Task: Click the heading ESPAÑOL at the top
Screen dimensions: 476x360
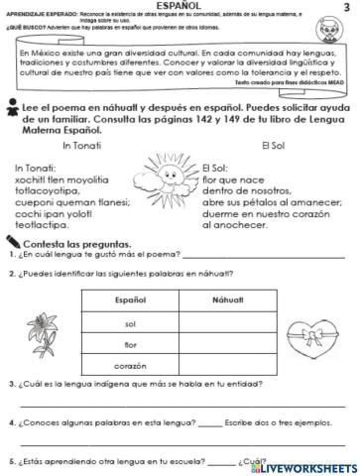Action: coord(178,6)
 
